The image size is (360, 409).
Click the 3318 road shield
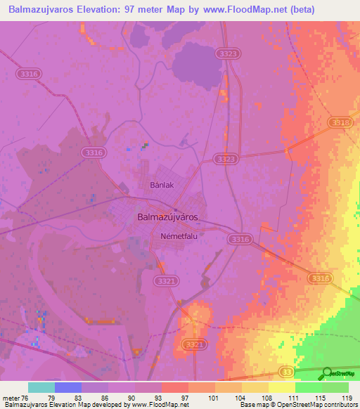coord(339,122)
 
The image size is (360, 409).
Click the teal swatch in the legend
coord(41,387)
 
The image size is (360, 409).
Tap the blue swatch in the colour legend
coord(68,387)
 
